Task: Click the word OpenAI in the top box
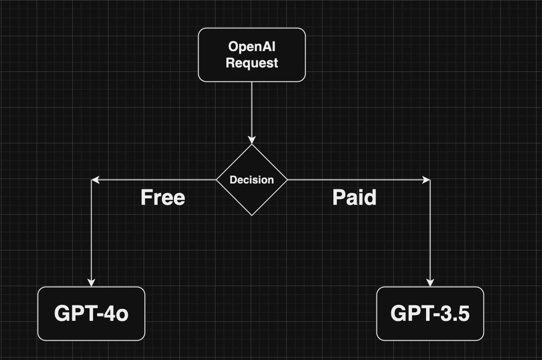[252, 47]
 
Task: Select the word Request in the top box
[252, 63]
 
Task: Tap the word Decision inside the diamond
[252, 180]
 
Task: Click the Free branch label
[163, 197]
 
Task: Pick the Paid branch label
[354, 197]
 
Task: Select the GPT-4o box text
[91, 314]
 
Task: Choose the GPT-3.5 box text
[430, 314]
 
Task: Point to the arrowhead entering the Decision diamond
[252, 140]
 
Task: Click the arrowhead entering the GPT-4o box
[91, 283]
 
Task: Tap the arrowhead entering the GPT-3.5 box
[430, 283]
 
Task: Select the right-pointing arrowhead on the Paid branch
[426, 180]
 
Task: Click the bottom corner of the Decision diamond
[252, 215]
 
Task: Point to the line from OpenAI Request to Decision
[252, 109]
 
